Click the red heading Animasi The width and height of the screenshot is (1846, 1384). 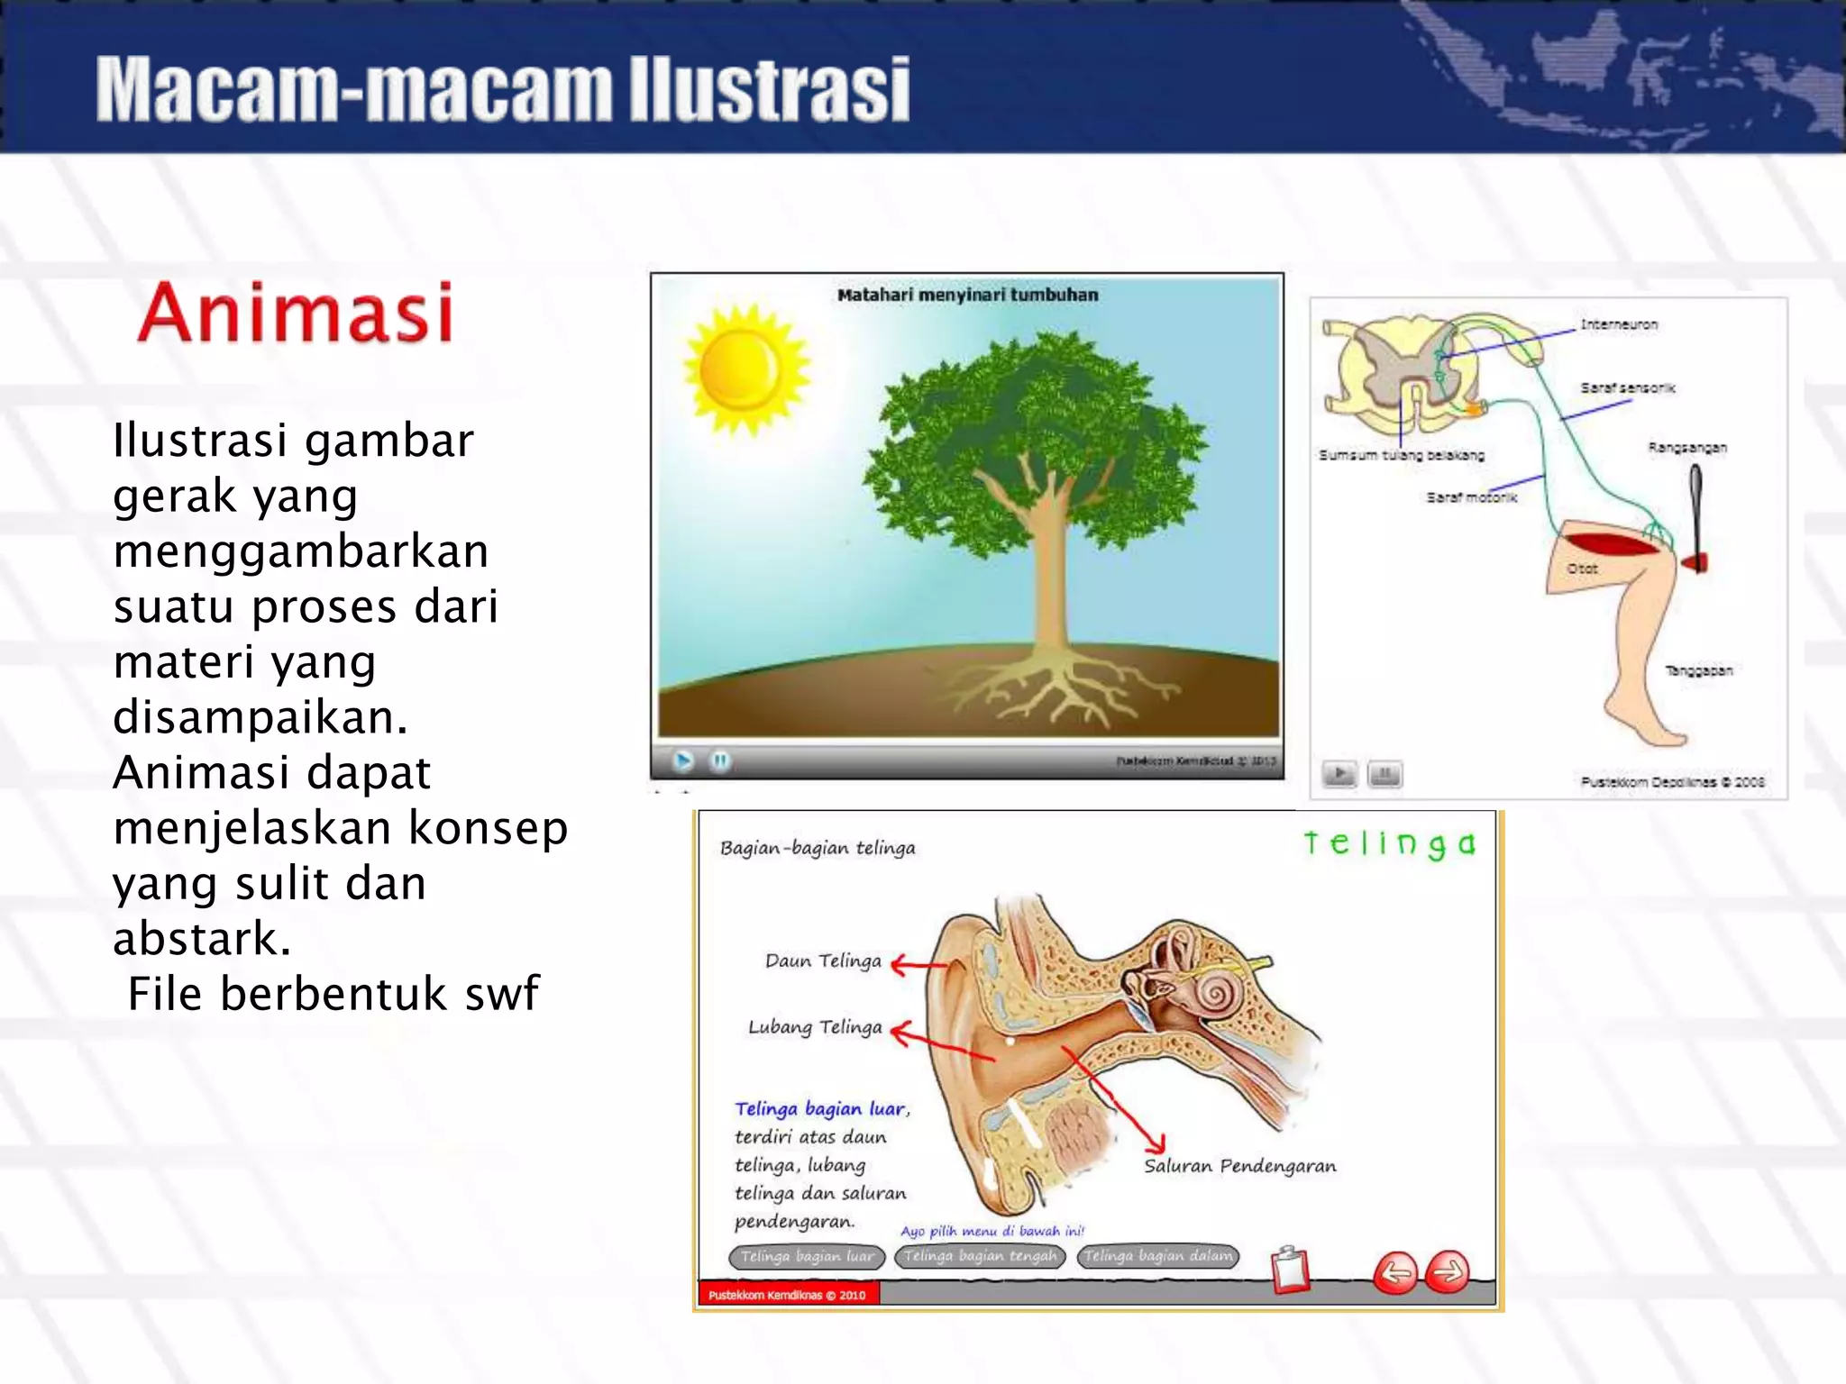(295, 313)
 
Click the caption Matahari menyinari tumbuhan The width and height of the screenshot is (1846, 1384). (967, 295)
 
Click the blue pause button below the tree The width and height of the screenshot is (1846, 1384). (719, 761)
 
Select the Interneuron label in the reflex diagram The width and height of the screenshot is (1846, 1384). (1618, 324)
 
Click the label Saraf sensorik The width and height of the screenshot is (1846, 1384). (1627, 388)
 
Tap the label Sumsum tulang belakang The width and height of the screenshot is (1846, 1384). (1401, 455)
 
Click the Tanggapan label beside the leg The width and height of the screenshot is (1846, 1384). (1698, 670)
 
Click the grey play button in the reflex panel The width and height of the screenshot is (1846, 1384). (1339, 774)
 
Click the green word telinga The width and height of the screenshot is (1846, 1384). (1389, 843)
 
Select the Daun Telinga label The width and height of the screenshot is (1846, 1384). (822, 961)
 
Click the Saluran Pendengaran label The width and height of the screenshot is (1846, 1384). (1239, 1166)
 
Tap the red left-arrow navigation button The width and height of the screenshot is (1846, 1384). (1395, 1272)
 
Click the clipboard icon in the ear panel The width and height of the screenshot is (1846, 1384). (1290, 1270)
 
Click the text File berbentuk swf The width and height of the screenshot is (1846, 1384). (333, 994)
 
